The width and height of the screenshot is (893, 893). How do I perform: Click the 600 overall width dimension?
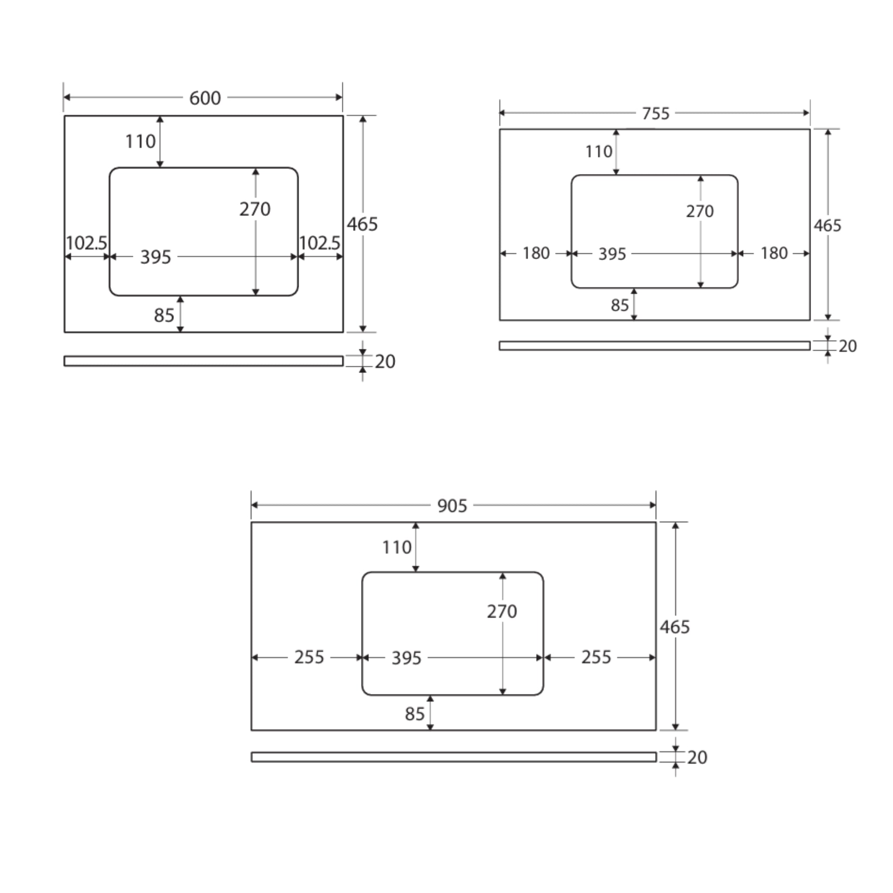point(205,98)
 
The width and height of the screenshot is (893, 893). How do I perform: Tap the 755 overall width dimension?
point(655,113)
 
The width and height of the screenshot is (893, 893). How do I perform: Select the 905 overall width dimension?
point(452,506)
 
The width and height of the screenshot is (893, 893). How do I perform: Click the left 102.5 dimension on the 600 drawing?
point(86,243)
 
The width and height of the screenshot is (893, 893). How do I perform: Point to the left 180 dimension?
point(536,253)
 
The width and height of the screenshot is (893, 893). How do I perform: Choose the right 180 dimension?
point(774,253)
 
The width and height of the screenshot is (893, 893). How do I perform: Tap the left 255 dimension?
point(309,657)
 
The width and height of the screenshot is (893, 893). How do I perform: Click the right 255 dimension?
point(596,657)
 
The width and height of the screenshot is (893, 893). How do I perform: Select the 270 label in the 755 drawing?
point(699,211)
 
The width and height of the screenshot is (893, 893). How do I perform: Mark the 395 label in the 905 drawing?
point(406,658)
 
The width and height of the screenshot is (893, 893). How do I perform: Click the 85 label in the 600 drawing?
point(164,315)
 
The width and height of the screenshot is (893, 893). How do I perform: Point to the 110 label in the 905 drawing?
point(397,547)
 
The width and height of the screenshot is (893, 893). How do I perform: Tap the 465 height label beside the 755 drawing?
point(827,225)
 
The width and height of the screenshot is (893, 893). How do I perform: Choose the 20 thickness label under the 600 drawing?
point(385,361)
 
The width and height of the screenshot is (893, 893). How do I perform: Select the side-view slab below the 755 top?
point(654,346)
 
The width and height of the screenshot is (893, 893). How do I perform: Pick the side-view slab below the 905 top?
point(453,757)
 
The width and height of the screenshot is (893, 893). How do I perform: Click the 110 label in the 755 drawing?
point(599,152)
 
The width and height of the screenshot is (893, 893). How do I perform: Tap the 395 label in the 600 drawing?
point(155,257)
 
